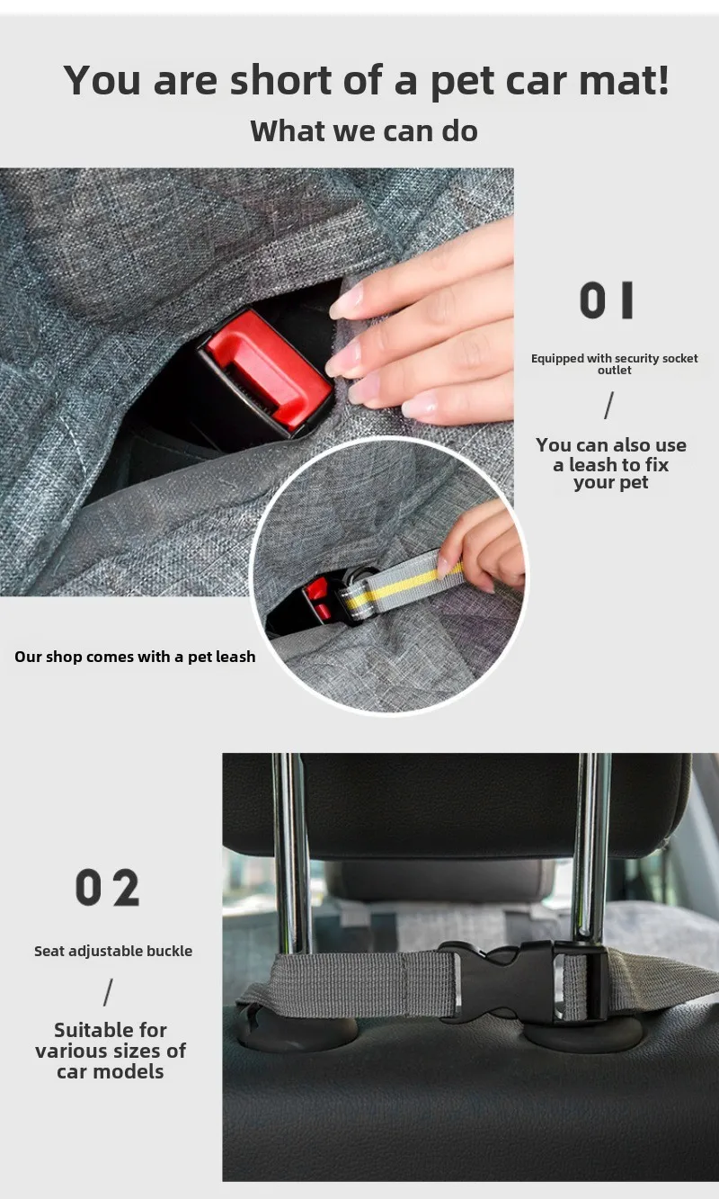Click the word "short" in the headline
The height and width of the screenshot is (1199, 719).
(280, 80)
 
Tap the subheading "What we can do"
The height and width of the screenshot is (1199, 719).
(364, 131)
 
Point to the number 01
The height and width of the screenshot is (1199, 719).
(607, 300)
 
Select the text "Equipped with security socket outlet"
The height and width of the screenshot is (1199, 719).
(614, 364)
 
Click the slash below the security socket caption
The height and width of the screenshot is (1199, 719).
(608, 405)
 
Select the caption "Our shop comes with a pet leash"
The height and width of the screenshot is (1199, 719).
(135, 657)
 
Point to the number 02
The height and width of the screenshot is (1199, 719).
(108, 888)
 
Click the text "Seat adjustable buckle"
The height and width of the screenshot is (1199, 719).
(113, 951)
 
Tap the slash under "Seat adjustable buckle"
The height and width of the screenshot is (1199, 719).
(108, 992)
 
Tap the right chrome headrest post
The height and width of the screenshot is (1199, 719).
(590, 851)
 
